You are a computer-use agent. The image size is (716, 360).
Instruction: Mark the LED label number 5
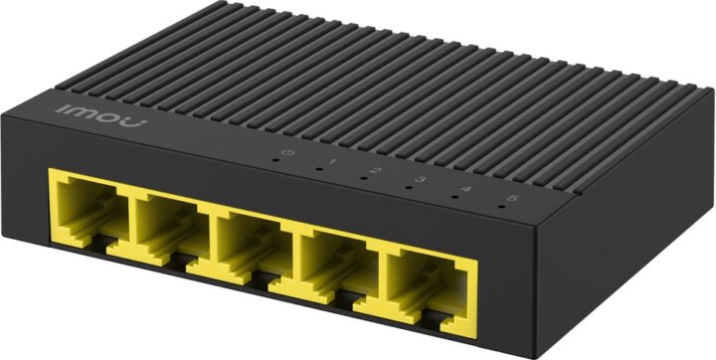click(513, 200)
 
